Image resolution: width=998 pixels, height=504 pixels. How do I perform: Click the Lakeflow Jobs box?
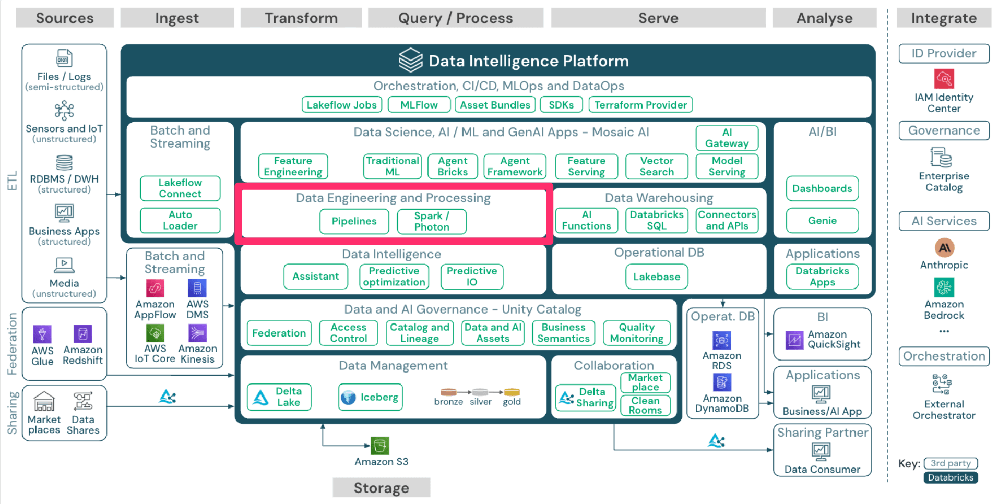(x=341, y=105)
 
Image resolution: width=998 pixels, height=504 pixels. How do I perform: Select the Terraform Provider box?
(x=640, y=105)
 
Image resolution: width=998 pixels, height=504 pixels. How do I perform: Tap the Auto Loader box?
(x=180, y=220)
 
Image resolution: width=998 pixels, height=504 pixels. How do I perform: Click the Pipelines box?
(x=354, y=221)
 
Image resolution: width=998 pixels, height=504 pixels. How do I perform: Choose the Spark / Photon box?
(x=432, y=221)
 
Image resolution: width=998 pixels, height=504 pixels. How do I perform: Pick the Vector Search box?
(x=657, y=166)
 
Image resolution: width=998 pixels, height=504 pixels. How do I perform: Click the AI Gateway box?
(x=727, y=138)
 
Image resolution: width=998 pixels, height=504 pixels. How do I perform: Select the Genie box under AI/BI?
(x=822, y=221)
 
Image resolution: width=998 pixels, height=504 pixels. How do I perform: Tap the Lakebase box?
(x=657, y=277)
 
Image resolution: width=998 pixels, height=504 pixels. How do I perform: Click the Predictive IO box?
(x=471, y=277)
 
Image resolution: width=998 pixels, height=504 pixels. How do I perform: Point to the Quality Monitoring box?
(x=636, y=333)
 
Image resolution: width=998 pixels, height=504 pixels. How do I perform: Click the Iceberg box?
(x=370, y=398)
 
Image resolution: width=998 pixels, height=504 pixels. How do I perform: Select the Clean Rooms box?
(x=645, y=405)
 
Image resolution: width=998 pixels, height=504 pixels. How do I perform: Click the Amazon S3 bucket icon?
(x=380, y=446)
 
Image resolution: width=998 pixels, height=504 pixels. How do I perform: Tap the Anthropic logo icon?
(x=944, y=247)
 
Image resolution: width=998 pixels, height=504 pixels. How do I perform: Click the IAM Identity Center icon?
(x=944, y=79)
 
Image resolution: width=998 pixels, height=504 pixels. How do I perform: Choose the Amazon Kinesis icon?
(x=197, y=333)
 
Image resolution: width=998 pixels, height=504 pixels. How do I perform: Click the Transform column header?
(x=301, y=18)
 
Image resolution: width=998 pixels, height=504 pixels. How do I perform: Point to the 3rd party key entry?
(x=951, y=463)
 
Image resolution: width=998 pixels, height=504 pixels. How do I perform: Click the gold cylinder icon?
(x=512, y=392)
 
